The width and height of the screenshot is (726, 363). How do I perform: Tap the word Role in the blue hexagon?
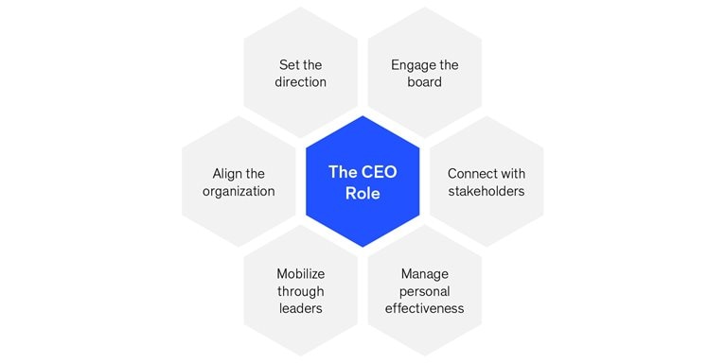[x=363, y=192]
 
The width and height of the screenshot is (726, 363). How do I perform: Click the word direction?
[x=301, y=82]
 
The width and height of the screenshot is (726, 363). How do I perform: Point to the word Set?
[x=289, y=65]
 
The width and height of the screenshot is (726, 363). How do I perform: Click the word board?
[x=424, y=82]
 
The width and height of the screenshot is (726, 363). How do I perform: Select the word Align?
[x=226, y=174]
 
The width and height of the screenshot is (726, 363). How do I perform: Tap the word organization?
[x=239, y=191]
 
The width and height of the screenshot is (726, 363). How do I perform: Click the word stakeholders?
[x=487, y=191]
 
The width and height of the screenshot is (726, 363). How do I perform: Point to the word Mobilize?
[x=301, y=274]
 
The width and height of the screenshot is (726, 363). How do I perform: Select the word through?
[x=301, y=291]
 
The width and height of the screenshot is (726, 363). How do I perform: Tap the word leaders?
[x=301, y=308]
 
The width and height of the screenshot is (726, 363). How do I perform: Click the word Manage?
[x=424, y=274]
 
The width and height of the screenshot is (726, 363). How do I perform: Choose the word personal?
[x=424, y=291]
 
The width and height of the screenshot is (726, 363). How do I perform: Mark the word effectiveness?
[x=424, y=308]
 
